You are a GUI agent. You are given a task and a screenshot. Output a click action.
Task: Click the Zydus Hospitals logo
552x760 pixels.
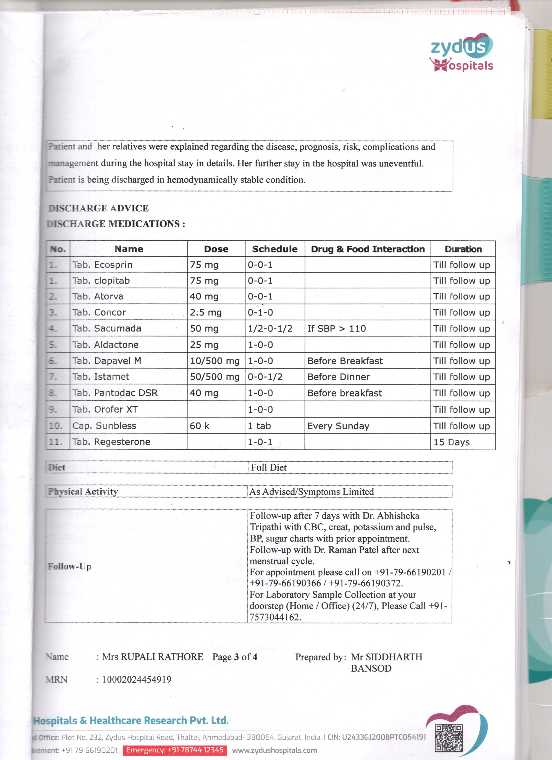[x=462, y=54]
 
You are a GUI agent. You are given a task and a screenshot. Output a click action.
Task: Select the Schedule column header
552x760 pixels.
[x=275, y=249]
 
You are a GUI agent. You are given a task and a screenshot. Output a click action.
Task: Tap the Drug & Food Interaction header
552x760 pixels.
[x=367, y=249]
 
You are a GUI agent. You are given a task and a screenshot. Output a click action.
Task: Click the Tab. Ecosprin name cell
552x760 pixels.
[x=102, y=265]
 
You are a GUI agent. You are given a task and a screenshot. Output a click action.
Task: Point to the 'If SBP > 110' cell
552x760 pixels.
[x=336, y=328]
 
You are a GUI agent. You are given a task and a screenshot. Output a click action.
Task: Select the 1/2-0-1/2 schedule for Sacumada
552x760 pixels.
[x=270, y=328]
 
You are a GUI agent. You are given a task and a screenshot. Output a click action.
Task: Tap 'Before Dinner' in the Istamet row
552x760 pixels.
[x=338, y=377]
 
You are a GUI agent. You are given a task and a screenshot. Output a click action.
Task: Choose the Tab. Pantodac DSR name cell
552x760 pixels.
[x=115, y=393]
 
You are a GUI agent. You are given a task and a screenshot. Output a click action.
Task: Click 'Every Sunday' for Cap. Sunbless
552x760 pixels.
[x=338, y=426]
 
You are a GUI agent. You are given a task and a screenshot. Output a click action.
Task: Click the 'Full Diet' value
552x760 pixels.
[x=269, y=467]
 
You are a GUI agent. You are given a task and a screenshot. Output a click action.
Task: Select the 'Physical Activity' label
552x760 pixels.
[x=83, y=492]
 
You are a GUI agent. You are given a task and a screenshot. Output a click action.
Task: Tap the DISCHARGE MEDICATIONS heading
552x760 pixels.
[x=116, y=224]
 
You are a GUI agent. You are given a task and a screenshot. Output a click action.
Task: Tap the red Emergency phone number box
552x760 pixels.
[x=174, y=750]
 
